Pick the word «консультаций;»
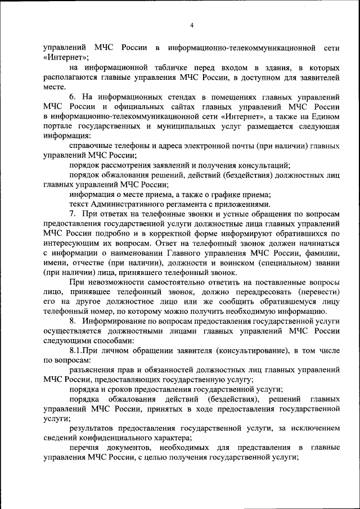pos(264,165)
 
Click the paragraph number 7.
pos(73,214)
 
